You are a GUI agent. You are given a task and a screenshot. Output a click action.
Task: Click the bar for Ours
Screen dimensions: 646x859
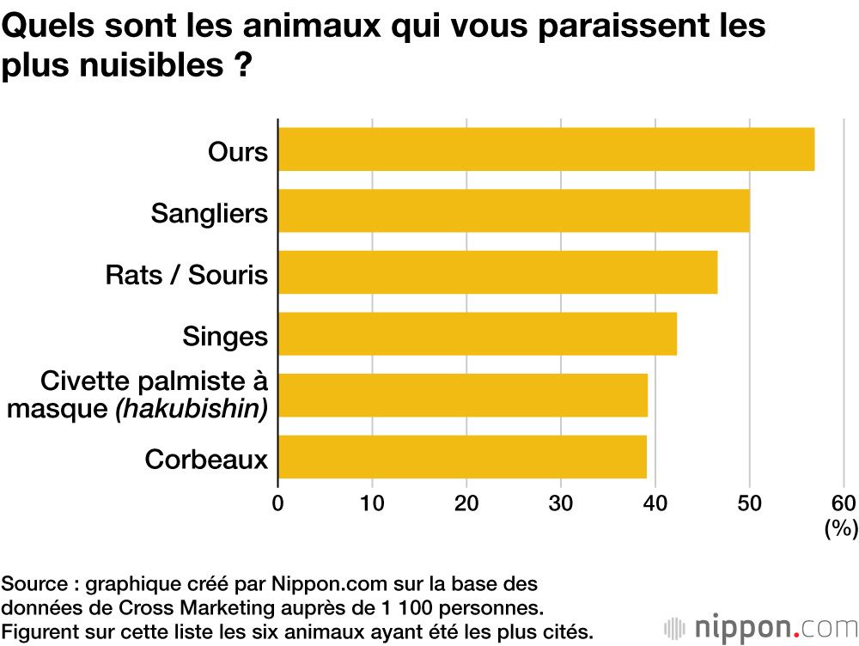(x=546, y=149)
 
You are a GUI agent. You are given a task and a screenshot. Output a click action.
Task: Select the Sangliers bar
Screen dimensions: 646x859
(x=514, y=211)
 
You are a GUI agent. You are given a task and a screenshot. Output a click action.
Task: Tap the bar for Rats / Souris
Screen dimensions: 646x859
(x=497, y=272)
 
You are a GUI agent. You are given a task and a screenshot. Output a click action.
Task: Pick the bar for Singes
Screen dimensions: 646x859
(x=478, y=334)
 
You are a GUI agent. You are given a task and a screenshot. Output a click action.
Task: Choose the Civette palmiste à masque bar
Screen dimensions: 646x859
(x=463, y=395)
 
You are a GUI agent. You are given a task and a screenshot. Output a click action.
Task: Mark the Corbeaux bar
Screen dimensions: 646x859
(x=462, y=457)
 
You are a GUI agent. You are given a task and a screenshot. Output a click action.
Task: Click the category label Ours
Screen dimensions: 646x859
(x=238, y=152)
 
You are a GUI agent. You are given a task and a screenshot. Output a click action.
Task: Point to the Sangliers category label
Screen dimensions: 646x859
(x=210, y=213)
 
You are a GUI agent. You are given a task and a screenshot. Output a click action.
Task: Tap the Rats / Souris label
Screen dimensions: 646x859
(x=186, y=275)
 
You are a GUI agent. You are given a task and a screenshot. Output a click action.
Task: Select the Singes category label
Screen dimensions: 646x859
(x=225, y=336)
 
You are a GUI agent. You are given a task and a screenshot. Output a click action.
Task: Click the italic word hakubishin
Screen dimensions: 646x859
(x=192, y=409)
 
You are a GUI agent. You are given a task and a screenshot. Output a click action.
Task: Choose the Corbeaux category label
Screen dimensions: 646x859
(x=206, y=460)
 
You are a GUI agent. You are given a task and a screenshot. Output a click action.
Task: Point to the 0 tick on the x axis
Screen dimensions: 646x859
(x=277, y=503)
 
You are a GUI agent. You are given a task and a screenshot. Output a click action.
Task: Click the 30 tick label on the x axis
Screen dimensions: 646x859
(x=561, y=503)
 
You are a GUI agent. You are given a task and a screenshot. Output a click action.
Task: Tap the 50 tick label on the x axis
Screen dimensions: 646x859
(x=750, y=503)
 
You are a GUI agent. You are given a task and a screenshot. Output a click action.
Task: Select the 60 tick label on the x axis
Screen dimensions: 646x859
(x=844, y=503)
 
